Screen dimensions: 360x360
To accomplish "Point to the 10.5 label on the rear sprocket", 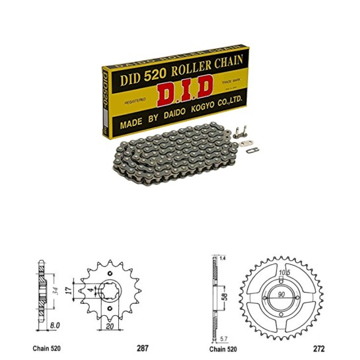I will pyautogui.click(x=282, y=271).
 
